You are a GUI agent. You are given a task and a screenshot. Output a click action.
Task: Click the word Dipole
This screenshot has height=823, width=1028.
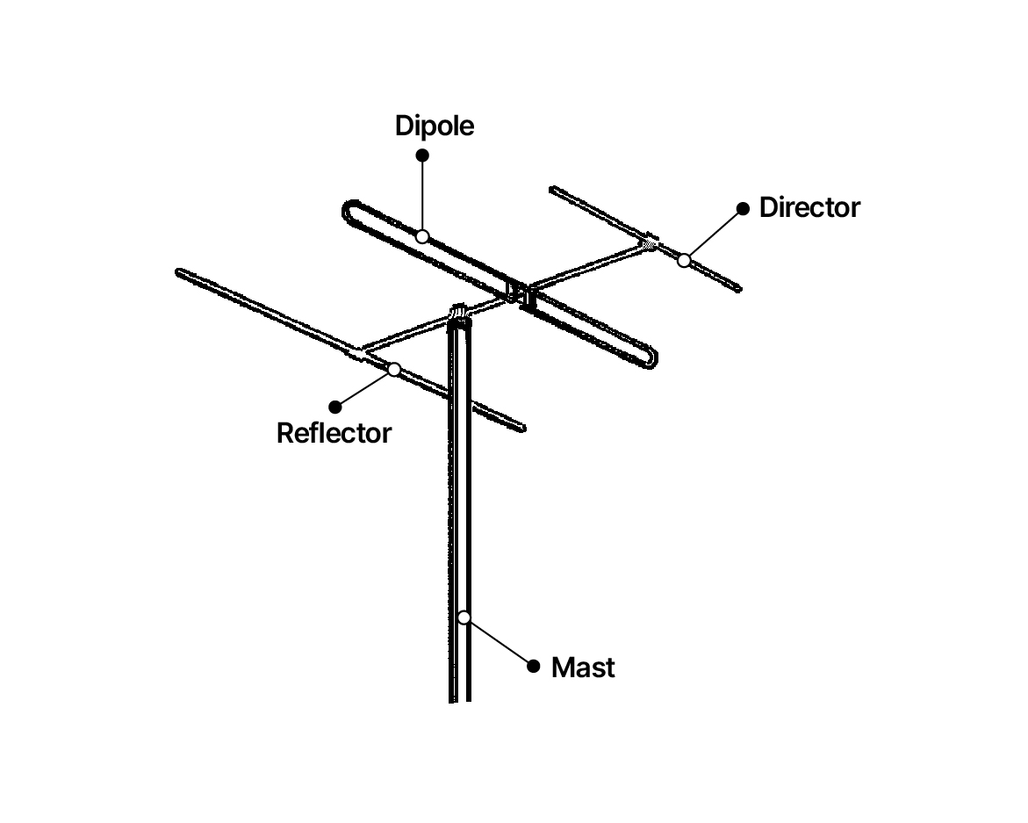(434, 126)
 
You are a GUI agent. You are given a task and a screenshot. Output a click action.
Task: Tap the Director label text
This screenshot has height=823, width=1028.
(809, 207)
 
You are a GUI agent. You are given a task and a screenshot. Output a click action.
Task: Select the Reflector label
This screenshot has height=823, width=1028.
(334, 433)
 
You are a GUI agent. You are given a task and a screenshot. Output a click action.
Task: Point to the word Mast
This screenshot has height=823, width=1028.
(583, 668)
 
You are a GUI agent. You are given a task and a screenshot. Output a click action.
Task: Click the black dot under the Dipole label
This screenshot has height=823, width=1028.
(422, 155)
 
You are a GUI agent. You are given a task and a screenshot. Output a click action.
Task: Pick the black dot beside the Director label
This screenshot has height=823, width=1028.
(743, 208)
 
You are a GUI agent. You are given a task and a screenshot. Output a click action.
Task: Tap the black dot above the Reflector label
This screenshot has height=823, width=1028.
(335, 408)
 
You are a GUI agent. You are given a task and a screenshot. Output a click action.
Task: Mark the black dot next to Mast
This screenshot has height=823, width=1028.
(534, 667)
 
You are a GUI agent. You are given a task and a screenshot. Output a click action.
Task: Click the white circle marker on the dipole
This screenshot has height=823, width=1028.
(422, 236)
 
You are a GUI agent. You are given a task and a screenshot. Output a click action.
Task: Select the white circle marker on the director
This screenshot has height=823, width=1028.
(684, 260)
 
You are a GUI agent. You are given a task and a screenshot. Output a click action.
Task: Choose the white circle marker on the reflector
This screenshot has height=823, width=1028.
(394, 370)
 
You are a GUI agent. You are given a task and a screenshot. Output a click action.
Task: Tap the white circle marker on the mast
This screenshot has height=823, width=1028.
(464, 617)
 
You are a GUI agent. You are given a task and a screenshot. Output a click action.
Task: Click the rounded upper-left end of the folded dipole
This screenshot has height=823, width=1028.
(347, 210)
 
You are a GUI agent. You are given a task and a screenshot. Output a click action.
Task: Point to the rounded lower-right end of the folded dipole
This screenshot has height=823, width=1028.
(653, 358)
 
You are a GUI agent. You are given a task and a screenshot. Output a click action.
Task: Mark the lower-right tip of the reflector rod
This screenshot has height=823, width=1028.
(522, 429)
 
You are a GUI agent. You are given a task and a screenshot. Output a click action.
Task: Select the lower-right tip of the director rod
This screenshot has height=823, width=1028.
(738, 288)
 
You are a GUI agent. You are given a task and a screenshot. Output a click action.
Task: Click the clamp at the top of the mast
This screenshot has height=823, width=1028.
(460, 314)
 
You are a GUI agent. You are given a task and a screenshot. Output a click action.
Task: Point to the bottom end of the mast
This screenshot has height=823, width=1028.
(460, 700)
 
